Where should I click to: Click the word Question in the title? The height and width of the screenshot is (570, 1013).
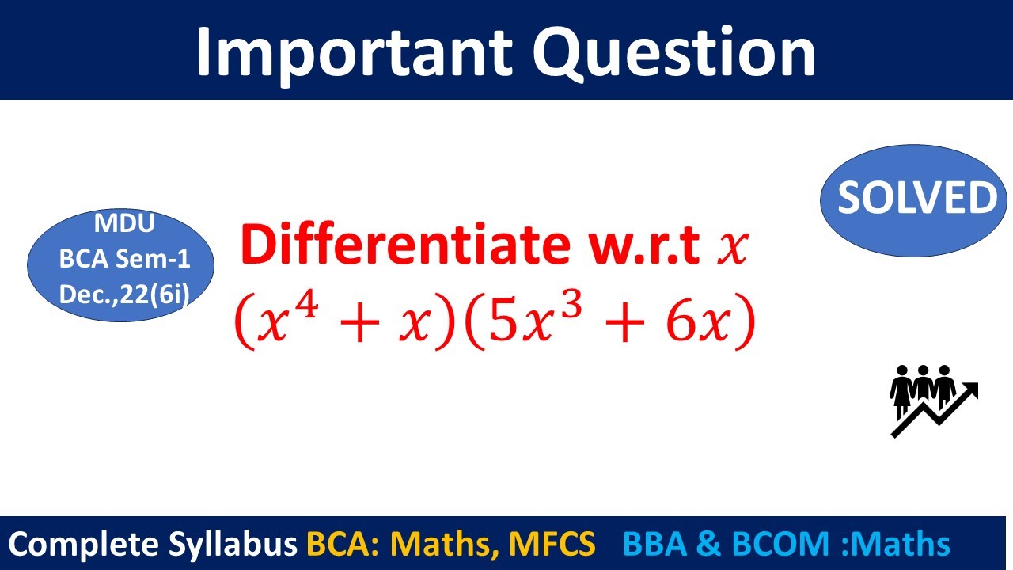coord(673,51)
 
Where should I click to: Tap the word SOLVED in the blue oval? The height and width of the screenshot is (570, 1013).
coord(917,198)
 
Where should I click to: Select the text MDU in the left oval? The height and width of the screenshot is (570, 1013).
coord(124,224)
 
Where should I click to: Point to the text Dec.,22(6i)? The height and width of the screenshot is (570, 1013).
coord(124,294)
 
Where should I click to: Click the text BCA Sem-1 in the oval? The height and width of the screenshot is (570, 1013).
coord(124,259)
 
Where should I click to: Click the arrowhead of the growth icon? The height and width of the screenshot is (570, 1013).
coord(971,390)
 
